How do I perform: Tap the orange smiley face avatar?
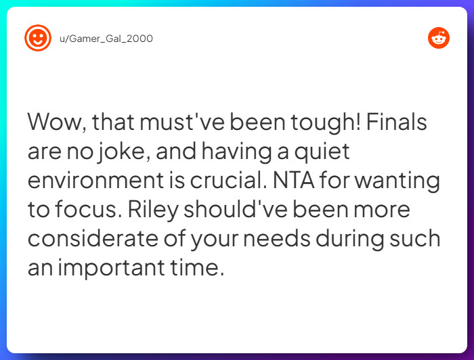click(x=37, y=38)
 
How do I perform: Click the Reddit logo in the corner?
click(x=439, y=38)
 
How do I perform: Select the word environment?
click(x=96, y=181)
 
